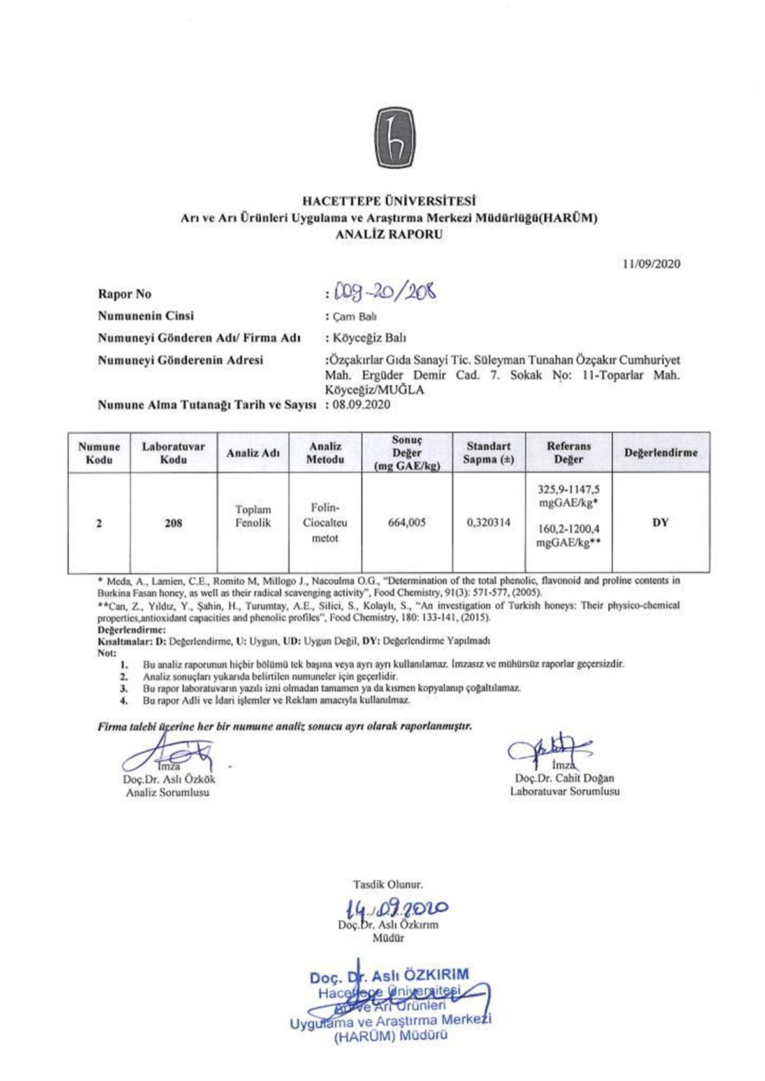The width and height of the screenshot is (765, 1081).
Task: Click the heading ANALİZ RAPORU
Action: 389,234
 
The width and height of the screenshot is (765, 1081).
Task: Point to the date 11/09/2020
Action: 652,264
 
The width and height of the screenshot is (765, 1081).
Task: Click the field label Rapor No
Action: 124,294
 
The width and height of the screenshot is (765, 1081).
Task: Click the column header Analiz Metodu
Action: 325,453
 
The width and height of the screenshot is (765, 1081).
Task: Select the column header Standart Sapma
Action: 488,453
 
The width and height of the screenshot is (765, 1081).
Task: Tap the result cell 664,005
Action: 407,523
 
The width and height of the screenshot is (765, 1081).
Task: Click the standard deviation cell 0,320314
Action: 488,523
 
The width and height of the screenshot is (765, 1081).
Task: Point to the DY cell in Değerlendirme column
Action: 660,523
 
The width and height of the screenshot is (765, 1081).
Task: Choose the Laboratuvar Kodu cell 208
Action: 173,524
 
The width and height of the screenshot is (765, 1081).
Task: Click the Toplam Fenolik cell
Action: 253,517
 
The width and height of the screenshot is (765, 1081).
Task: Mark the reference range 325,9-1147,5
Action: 569,490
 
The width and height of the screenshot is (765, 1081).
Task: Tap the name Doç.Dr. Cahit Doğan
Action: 564,778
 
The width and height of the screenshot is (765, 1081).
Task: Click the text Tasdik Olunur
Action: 388,884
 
